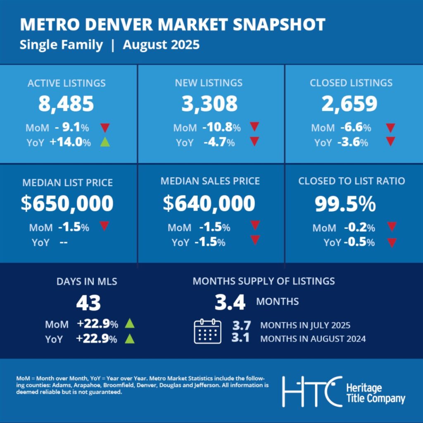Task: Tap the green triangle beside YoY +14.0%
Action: tap(105, 143)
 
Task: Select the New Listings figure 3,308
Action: tap(209, 104)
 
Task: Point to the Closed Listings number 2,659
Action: tap(349, 104)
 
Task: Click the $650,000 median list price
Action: tap(67, 203)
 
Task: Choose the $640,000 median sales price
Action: tap(209, 203)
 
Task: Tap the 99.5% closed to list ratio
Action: tap(345, 203)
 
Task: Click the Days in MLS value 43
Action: tap(88, 304)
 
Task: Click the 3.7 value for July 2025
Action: tap(240, 325)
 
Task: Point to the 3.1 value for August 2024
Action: tap(240, 339)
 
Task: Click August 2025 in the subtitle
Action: tap(161, 45)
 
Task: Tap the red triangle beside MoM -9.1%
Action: tap(105, 127)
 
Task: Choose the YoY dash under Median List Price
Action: tap(64, 242)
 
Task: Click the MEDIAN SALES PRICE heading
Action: tap(210, 181)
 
